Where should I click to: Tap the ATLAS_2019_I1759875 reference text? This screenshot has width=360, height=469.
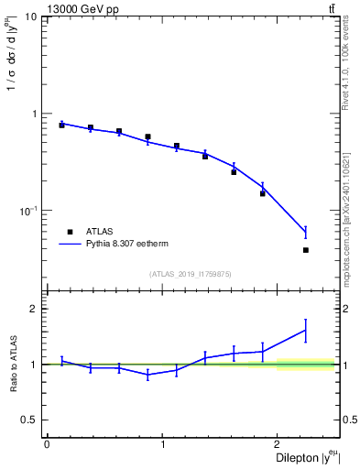(191, 274)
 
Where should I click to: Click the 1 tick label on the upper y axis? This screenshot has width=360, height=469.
(38, 115)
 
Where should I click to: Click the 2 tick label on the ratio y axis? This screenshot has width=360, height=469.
(38, 309)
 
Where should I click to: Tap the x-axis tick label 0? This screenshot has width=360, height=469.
(47, 444)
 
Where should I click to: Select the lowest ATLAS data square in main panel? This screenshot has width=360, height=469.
(305, 250)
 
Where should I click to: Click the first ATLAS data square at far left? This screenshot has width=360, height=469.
(61, 125)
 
